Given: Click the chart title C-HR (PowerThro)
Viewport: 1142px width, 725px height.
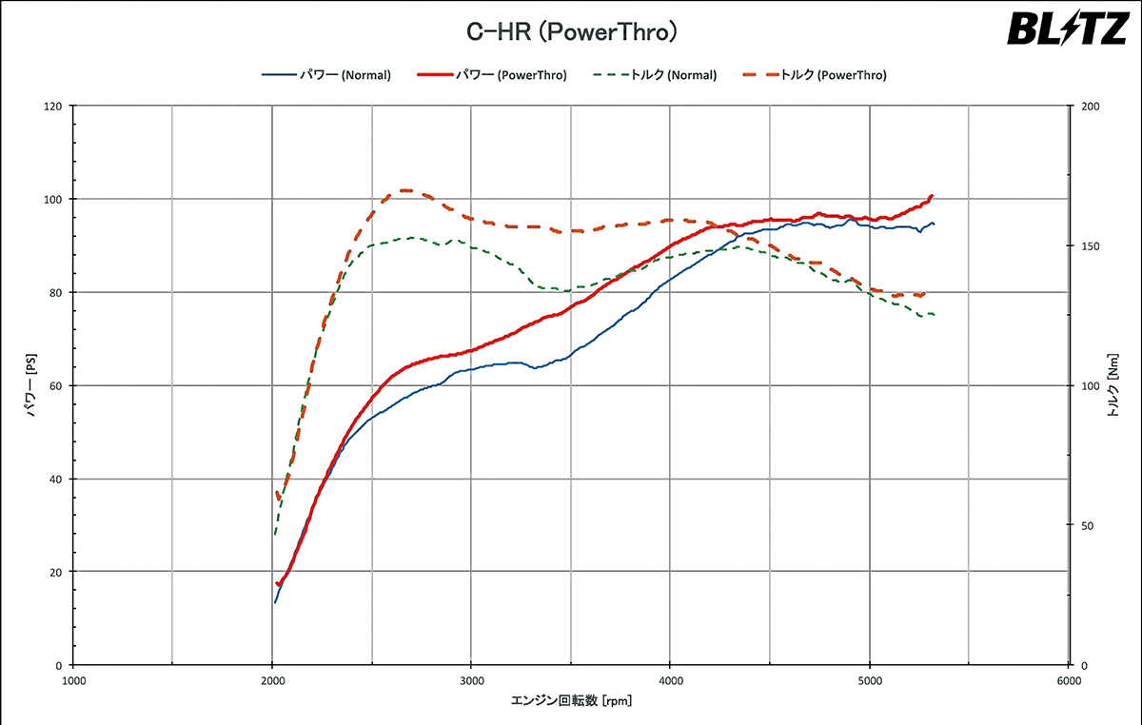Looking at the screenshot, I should [x=571, y=32].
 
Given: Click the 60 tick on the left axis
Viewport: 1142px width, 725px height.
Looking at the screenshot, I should [x=55, y=386].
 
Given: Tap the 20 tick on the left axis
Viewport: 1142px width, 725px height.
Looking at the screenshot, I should [x=55, y=572].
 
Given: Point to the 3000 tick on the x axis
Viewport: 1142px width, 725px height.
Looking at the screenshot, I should [x=471, y=681].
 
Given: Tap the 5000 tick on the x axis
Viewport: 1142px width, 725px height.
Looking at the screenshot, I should [x=869, y=681].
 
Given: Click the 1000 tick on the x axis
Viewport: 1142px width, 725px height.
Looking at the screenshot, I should [x=73, y=681].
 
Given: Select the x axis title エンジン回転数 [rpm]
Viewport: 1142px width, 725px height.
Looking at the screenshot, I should [x=571, y=702].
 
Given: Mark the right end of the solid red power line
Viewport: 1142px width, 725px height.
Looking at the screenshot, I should [x=932, y=196].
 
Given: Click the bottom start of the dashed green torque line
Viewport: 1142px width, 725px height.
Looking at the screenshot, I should [x=275, y=534].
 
